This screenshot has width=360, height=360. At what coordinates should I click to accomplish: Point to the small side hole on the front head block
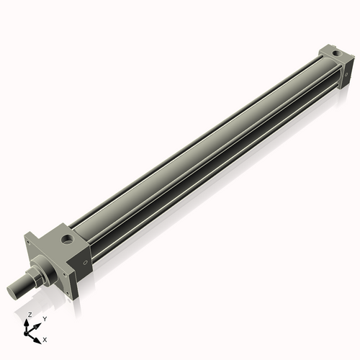click(x=86, y=263)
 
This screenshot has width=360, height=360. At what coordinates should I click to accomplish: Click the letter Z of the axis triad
click(x=30, y=315)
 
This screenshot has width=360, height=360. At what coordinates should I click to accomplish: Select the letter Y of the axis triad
click(x=45, y=318)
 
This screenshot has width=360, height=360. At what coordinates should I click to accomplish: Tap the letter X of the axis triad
click(x=45, y=338)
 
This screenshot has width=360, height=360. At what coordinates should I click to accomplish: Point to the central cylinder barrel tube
click(x=202, y=151)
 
